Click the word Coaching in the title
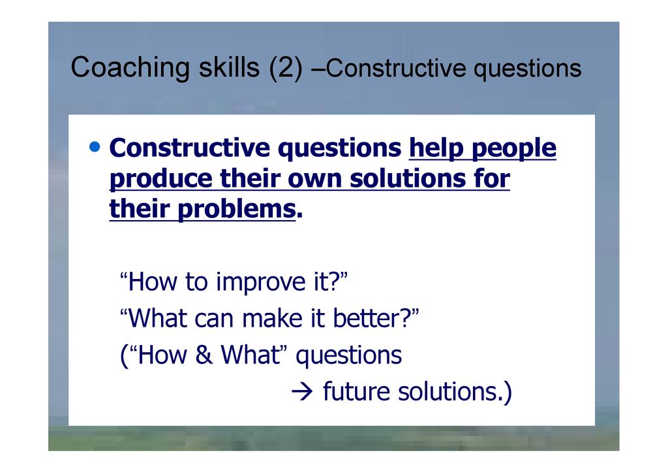(x=130, y=68)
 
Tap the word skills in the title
(x=229, y=67)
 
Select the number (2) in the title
(x=286, y=68)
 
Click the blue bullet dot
(x=95, y=147)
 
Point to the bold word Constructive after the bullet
(x=190, y=148)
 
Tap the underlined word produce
(x=160, y=179)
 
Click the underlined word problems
(x=236, y=210)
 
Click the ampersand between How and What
(x=204, y=355)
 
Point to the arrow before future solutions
(x=302, y=391)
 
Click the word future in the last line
(x=356, y=391)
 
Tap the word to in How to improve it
(x=196, y=283)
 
